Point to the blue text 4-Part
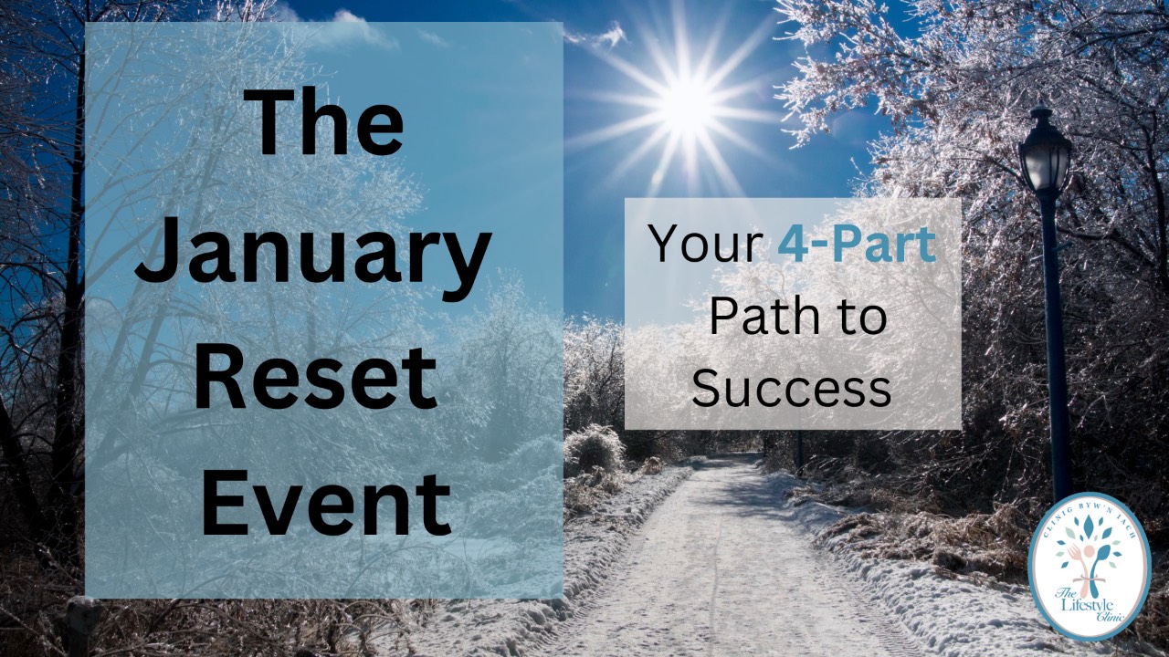pyautogui.click(x=857, y=245)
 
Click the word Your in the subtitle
pyautogui.click(x=705, y=245)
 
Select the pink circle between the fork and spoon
pyautogui.click(x=1089, y=551)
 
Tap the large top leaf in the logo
pyautogui.click(x=1089, y=526)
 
